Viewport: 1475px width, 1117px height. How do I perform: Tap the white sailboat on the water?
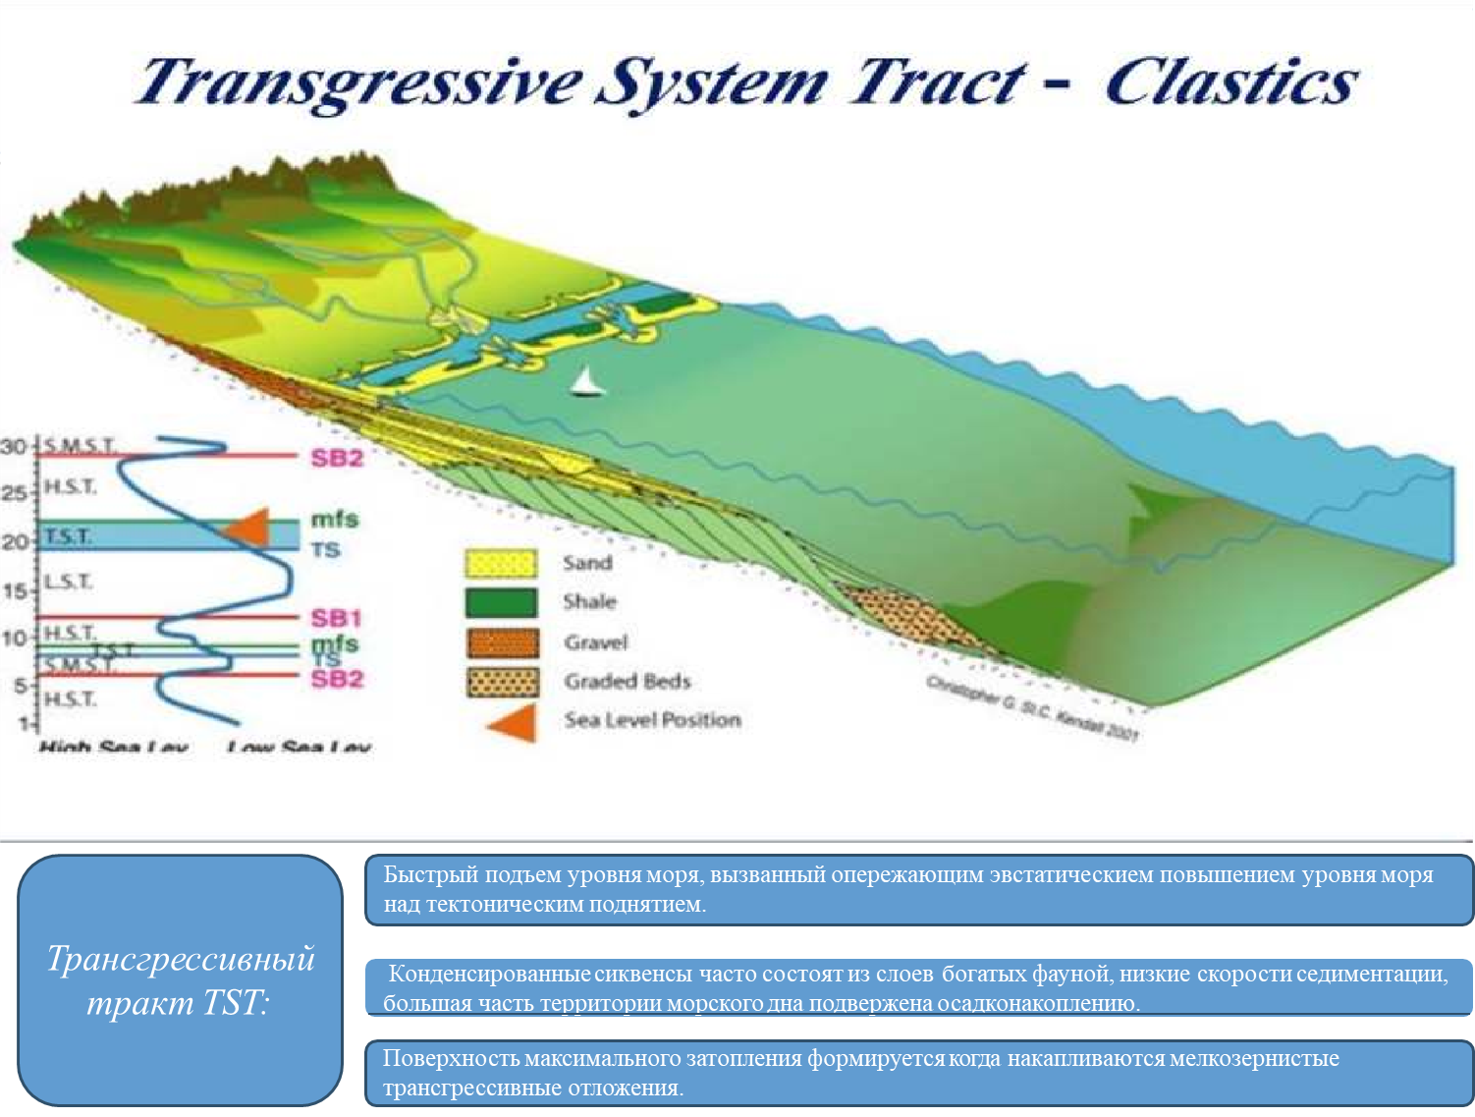tap(586, 381)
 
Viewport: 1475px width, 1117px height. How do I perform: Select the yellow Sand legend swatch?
tap(501, 563)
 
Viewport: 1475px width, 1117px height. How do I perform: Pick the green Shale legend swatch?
tap(501, 602)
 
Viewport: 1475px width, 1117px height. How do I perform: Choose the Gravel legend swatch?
tap(502, 642)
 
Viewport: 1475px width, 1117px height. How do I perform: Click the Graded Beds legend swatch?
tap(502, 682)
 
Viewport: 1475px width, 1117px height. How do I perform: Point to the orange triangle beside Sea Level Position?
tap(516, 722)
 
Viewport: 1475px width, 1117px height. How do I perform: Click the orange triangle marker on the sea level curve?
tap(249, 528)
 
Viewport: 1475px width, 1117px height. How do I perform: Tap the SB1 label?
tap(337, 618)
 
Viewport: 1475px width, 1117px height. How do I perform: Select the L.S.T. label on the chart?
tap(68, 583)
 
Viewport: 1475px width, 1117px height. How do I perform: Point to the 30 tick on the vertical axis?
tap(14, 447)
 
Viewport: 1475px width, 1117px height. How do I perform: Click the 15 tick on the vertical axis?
tap(15, 591)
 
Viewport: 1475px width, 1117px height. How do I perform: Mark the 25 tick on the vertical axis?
tap(14, 492)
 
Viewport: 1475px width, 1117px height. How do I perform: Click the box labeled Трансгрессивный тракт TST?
tap(180, 979)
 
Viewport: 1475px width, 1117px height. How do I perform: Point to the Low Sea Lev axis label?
tap(299, 748)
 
